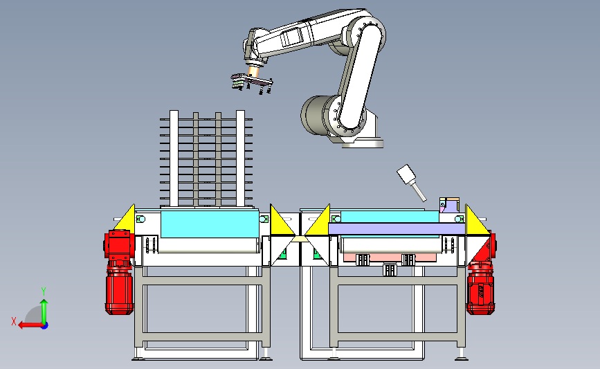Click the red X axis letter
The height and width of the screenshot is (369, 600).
coord(14,321)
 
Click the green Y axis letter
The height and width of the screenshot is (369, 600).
coord(44,291)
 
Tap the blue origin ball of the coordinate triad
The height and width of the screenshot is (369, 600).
coord(44,325)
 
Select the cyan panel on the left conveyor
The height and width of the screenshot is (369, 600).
coord(210,224)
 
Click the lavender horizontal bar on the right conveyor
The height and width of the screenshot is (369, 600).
coord(397,229)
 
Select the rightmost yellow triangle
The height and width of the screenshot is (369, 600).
coord(476,219)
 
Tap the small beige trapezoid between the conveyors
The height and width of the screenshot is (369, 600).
coord(299,240)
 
